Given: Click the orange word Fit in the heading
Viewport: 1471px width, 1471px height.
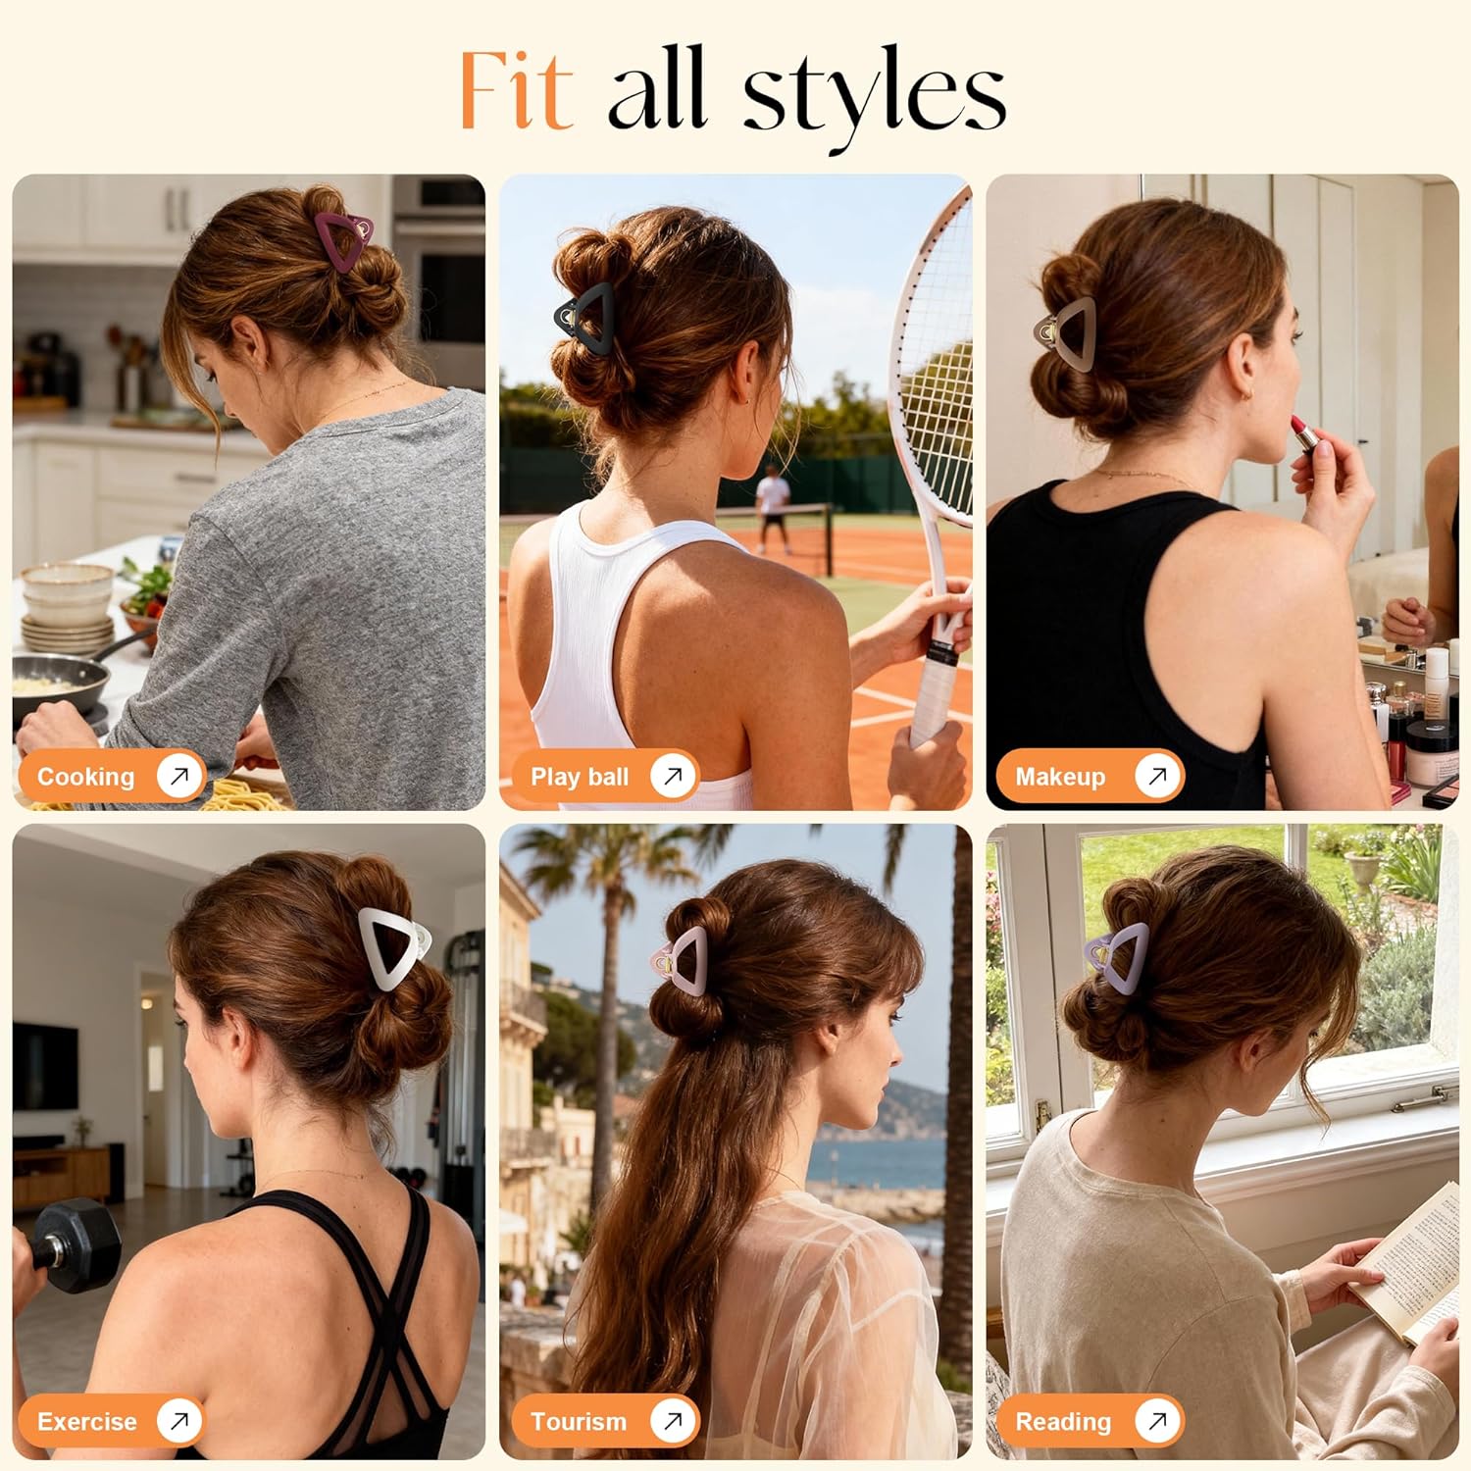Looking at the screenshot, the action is click(516, 89).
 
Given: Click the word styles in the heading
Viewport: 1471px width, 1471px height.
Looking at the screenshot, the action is click(874, 94).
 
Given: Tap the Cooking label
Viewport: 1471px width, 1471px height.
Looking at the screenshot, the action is click(85, 777).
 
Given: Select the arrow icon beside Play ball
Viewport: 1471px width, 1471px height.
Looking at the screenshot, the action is click(673, 776).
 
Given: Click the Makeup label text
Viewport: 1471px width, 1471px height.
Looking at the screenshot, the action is click(1060, 777).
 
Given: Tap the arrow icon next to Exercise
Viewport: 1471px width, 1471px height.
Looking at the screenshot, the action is click(178, 1420).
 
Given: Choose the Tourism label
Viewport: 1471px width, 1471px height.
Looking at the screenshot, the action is click(578, 1421).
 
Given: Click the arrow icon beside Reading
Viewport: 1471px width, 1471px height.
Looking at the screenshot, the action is click(1156, 1420).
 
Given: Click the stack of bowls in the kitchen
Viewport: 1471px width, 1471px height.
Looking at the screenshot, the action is click(68, 608).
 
